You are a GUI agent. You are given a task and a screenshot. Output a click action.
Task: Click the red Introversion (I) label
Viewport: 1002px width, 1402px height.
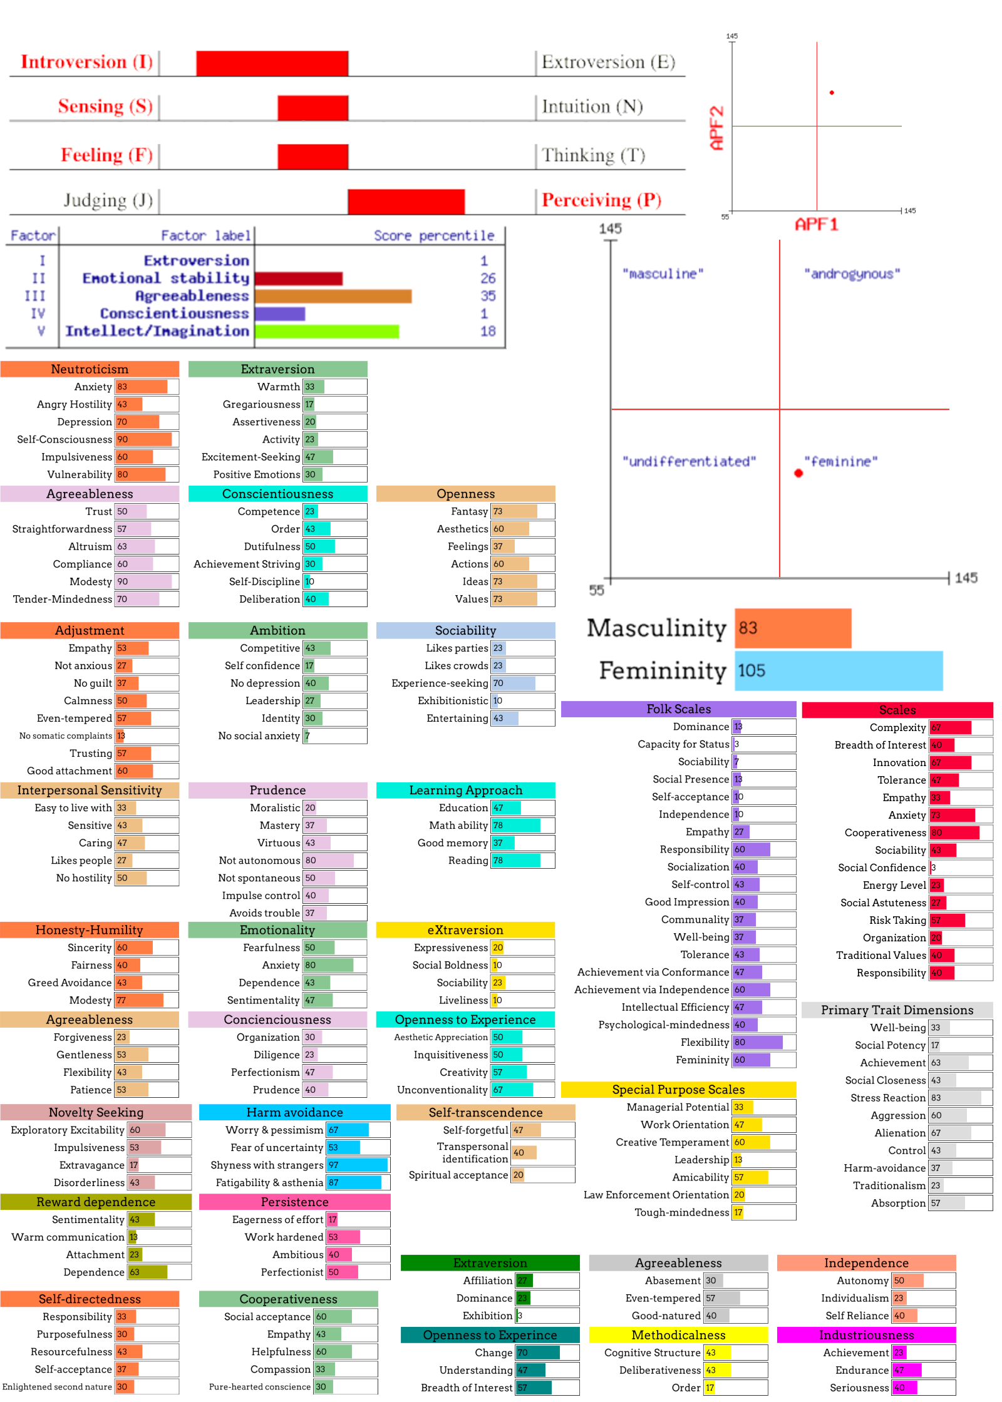pyautogui.click(x=86, y=62)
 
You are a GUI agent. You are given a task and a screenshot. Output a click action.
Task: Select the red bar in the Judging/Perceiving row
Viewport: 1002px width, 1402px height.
pyautogui.click(x=406, y=202)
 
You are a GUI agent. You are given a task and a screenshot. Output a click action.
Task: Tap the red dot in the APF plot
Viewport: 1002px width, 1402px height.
pyautogui.click(x=832, y=93)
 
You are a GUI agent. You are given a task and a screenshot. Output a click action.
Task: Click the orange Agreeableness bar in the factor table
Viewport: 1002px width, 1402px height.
pyautogui.click(x=333, y=296)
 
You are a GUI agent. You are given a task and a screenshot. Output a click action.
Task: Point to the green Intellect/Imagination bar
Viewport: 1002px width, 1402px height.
pyautogui.click(x=326, y=331)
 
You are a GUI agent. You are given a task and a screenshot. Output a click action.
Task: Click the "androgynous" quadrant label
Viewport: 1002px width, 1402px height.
pyautogui.click(x=852, y=274)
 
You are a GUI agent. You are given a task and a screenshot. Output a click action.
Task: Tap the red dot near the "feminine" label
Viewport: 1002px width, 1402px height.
pyautogui.click(x=798, y=473)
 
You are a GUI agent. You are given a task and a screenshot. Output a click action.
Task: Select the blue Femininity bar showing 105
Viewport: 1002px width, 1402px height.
pyautogui.click(x=839, y=671)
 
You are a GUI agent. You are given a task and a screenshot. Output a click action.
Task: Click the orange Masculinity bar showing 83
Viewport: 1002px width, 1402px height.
pyautogui.click(x=793, y=628)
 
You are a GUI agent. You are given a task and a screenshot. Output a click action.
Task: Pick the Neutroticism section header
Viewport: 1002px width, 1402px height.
pyautogui.click(x=90, y=369)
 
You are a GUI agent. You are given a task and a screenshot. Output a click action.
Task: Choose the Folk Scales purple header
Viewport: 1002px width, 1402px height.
pyautogui.click(x=678, y=709)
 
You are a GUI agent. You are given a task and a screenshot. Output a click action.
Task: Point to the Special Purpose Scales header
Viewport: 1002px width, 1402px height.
pyautogui.click(x=678, y=1090)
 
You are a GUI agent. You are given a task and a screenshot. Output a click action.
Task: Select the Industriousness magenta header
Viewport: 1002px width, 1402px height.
pyautogui.click(x=866, y=1335)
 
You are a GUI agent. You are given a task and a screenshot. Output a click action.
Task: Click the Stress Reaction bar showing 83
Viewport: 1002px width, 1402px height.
pyautogui.click(x=955, y=1098)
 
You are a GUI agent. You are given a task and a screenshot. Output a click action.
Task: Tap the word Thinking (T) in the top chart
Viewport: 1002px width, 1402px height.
pyautogui.click(x=592, y=155)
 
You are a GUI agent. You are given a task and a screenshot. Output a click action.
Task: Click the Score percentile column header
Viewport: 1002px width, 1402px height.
pyautogui.click(x=434, y=236)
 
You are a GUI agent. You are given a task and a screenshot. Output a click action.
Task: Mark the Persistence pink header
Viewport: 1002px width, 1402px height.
pyautogui.click(x=294, y=1202)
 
